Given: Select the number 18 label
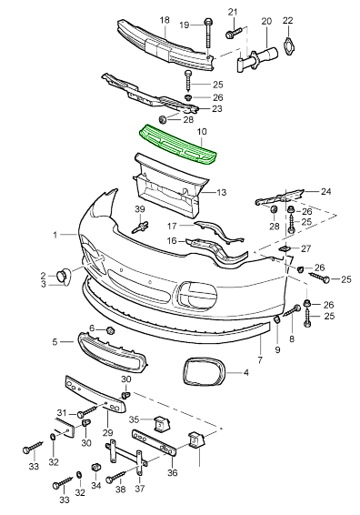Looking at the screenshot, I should (x=165, y=20).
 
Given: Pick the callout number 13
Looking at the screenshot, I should (x=220, y=193).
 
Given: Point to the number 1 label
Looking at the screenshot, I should (x=55, y=234).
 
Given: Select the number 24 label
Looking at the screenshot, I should (x=326, y=192).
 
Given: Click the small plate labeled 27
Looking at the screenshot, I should (x=284, y=247).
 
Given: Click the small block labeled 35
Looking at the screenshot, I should (x=160, y=424).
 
